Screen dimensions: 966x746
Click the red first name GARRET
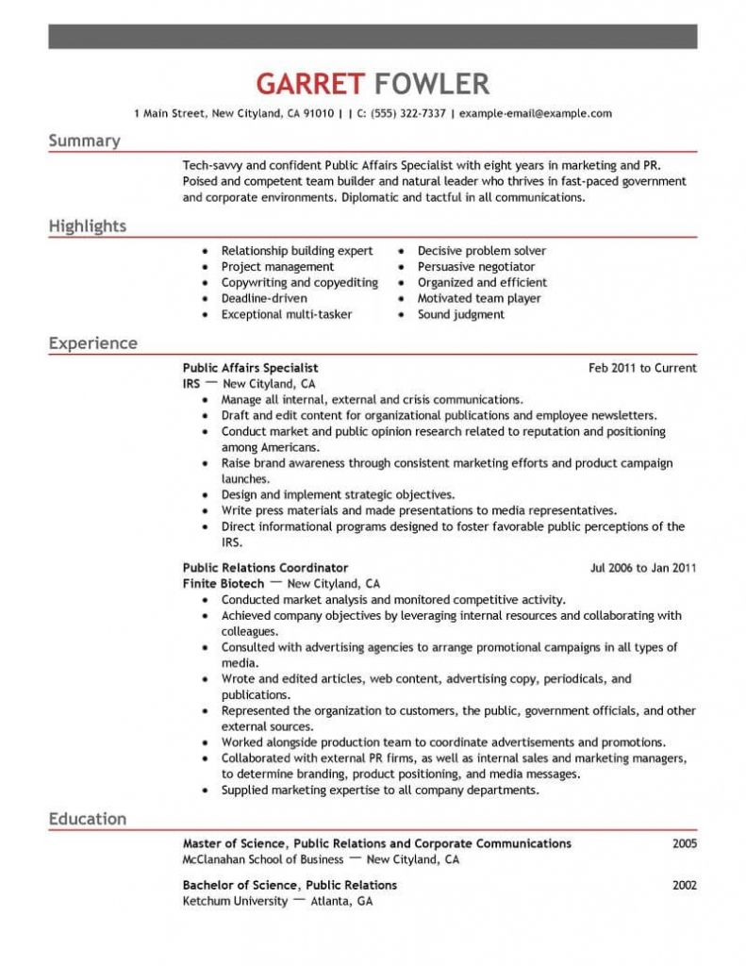[x=309, y=84]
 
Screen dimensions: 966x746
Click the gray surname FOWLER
[x=432, y=84]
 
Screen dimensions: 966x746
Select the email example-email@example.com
[x=535, y=113]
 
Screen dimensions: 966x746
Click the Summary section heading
[x=85, y=142]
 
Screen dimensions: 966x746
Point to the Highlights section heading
[x=88, y=226]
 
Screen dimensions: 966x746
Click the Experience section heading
[x=93, y=343]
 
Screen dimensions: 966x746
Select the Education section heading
[x=88, y=819]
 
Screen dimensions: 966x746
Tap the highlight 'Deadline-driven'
[x=264, y=298]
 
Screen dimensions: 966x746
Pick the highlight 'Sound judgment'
[x=461, y=314]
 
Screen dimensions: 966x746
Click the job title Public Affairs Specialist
[x=250, y=368]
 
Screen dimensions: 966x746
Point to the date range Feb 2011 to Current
[x=642, y=368]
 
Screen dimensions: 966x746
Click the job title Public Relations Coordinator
[x=265, y=568]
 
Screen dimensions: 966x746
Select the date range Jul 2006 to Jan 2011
[x=643, y=568]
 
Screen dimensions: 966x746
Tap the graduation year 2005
[x=685, y=843]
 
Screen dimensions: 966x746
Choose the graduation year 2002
[x=685, y=885]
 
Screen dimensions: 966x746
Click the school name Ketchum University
[x=235, y=901]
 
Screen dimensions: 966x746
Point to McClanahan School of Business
[x=262, y=859]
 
